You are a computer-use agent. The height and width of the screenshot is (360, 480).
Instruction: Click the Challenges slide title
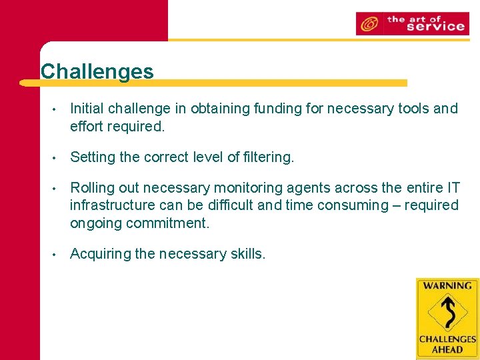point(97,71)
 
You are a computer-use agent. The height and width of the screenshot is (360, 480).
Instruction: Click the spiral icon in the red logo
point(368,25)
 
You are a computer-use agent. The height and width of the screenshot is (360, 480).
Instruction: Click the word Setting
point(92,157)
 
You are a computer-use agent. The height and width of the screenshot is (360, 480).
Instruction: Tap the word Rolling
point(93,189)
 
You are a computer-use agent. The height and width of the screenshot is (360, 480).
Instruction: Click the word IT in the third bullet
point(451,189)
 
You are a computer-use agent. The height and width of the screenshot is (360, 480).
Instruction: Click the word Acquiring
point(100,254)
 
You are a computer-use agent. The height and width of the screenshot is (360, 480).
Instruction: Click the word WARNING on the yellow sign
point(447,286)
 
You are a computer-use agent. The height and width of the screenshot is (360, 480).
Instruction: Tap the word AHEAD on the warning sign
point(447,349)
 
